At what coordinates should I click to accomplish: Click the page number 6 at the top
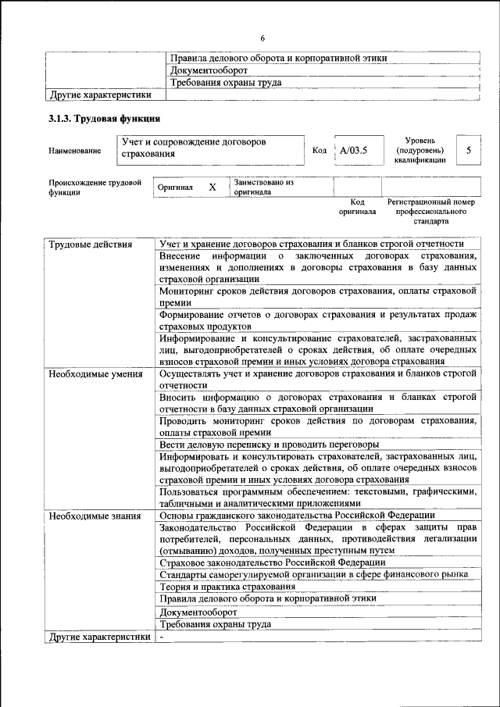263,38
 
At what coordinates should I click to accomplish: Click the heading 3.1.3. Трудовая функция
105,120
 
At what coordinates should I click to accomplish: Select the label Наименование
74,150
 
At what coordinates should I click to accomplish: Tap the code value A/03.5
353,149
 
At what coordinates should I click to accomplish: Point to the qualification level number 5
468,149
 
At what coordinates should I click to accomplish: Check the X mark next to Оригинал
212,187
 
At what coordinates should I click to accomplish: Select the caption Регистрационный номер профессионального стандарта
430,211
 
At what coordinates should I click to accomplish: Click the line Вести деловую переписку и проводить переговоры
269,444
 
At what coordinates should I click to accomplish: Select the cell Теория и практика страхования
227,586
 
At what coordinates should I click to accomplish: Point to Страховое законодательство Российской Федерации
272,562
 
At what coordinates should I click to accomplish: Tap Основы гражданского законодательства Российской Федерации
297,516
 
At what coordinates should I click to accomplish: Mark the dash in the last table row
162,637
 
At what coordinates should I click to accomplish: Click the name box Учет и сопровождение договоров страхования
211,148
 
